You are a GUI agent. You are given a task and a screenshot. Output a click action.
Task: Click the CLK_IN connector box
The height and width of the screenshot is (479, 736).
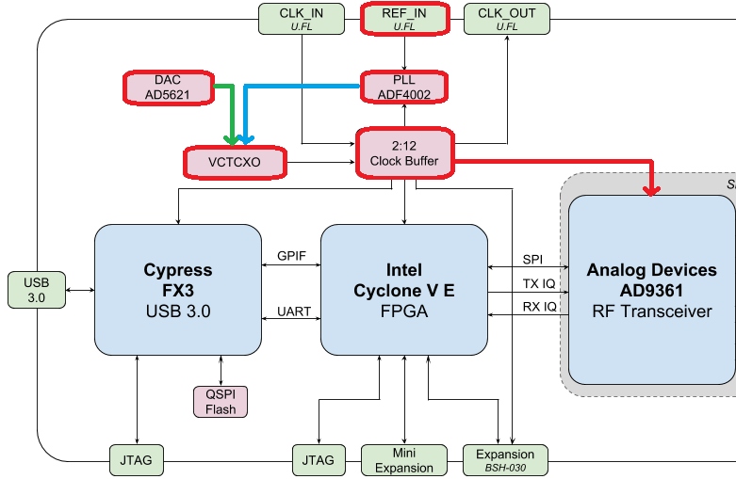pyautogui.click(x=301, y=19)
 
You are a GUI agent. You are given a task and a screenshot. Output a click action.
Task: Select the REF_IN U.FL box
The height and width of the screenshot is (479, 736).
pyautogui.click(x=403, y=19)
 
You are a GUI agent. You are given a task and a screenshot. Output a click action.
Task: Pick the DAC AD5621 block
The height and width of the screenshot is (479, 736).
pyautogui.click(x=168, y=87)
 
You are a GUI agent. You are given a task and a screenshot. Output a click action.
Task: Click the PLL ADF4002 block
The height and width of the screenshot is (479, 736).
pyautogui.click(x=403, y=87)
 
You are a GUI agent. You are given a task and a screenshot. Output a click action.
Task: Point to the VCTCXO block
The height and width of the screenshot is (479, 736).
pyautogui.click(x=234, y=162)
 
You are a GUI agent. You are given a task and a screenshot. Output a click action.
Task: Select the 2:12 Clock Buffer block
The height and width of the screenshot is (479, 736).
pyautogui.click(x=404, y=153)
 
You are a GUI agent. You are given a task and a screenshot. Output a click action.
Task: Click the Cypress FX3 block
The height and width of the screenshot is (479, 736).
pyautogui.click(x=178, y=289)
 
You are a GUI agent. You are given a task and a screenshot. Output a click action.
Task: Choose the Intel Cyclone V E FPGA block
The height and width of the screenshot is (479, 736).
pyautogui.click(x=403, y=289)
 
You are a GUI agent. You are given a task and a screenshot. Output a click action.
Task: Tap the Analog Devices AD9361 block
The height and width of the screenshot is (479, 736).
pyautogui.click(x=650, y=289)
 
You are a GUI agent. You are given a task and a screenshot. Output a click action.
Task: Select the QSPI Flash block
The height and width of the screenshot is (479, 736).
pyautogui.click(x=221, y=401)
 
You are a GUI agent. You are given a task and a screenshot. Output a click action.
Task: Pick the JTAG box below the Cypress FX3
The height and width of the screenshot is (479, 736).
pyautogui.click(x=138, y=460)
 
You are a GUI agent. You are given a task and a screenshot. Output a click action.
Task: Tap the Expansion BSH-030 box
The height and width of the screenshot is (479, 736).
pyautogui.click(x=505, y=460)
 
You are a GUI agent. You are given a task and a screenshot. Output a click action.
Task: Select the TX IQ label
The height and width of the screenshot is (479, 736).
pyautogui.click(x=540, y=283)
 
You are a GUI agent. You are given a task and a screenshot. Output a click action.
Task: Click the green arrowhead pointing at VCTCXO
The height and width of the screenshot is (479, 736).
pyautogui.click(x=232, y=139)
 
